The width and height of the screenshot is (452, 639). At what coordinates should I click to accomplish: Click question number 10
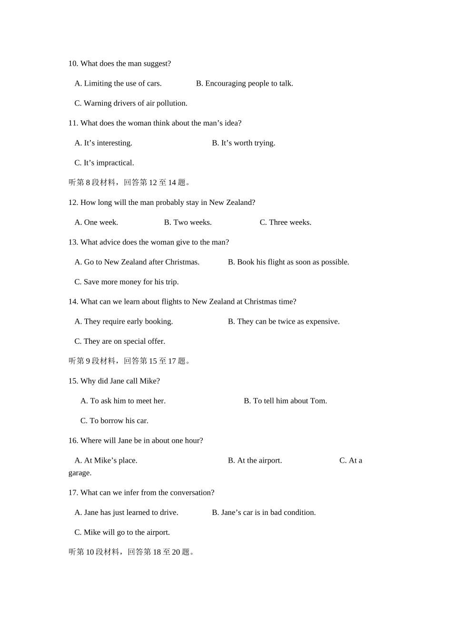pyautogui.click(x=73, y=64)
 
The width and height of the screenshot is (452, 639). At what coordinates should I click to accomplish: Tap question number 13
pyautogui.click(x=73, y=242)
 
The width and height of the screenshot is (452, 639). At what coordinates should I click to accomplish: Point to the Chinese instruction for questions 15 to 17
pyautogui.click(x=130, y=361)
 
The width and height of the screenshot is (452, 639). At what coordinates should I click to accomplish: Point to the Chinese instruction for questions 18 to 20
pyautogui.click(x=132, y=552)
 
